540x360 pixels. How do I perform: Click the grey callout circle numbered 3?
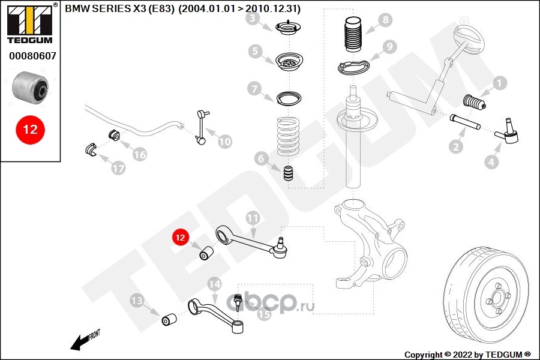tap(254, 19)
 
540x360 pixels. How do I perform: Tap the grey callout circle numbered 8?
tap(384, 20)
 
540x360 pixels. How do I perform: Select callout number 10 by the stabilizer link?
tap(224, 142)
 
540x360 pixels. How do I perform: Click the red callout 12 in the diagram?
tap(180, 238)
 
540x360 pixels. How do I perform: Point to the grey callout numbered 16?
tap(139, 154)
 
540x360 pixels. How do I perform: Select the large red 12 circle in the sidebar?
tap(30, 130)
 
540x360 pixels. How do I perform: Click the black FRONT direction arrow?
tap(78, 343)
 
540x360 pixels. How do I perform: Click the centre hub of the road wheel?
tap(496, 298)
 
